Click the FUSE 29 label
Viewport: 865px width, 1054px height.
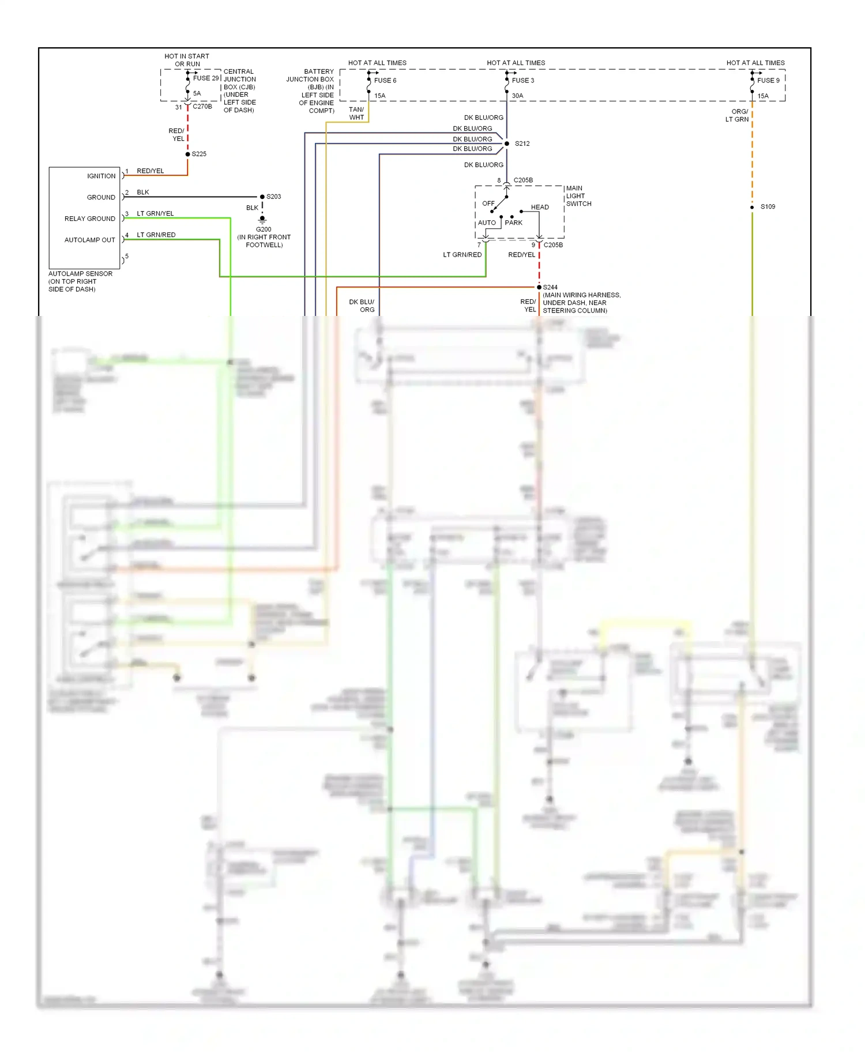tap(206, 78)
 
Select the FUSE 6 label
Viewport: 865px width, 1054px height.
tap(385, 80)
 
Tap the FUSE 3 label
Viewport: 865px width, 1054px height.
tap(522, 80)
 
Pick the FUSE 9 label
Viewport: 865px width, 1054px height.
tap(768, 80)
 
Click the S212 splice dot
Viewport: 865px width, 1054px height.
tap(507, 144)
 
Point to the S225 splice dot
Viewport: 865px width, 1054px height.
tap(188, 154)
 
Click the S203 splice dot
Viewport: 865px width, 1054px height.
tap(262, 197)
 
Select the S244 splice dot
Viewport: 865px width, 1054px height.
tap(539, 287)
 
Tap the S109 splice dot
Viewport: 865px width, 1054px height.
tap(752, 207)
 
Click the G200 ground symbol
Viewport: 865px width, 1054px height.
tap(262, 220)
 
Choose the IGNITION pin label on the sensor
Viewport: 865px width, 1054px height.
tap(101, 176)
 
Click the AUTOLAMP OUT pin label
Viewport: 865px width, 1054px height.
tap(89, 240)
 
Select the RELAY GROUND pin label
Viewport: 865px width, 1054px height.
tap(89, 219)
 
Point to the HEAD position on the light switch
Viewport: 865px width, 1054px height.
tap(540, 207)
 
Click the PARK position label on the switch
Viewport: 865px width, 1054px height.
tap(513, 223)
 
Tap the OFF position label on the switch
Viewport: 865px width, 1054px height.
tap(488, 204)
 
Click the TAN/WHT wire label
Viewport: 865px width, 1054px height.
tap(356, 113)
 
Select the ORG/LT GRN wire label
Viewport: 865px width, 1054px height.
tap(739, 115)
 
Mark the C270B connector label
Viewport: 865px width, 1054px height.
tap(202, 107)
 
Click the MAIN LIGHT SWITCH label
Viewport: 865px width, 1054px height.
tap(578, 196)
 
